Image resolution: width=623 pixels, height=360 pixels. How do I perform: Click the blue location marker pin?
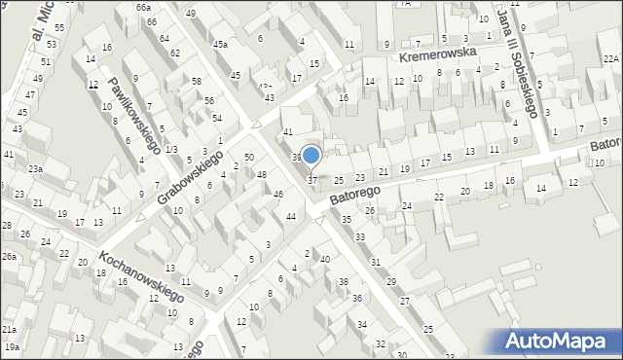(311, 156)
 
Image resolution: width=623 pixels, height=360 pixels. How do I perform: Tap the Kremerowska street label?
(437, 57)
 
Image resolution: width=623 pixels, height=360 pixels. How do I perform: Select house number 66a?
(143, 7)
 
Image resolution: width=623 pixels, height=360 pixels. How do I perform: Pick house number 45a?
(221, 44)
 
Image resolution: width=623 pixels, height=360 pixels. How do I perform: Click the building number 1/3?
(171, 149)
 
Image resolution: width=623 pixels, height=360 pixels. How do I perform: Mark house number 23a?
(35, 169)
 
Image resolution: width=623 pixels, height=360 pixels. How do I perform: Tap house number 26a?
(9, 256)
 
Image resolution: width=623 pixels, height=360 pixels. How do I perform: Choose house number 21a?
(9, 331)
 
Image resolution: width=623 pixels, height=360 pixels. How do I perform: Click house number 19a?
(11, 346)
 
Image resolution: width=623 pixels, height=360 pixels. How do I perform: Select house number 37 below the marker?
(312, 180)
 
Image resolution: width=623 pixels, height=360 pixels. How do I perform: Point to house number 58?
(196, 81)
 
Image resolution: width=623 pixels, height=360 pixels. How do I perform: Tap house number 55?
(58, 28)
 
